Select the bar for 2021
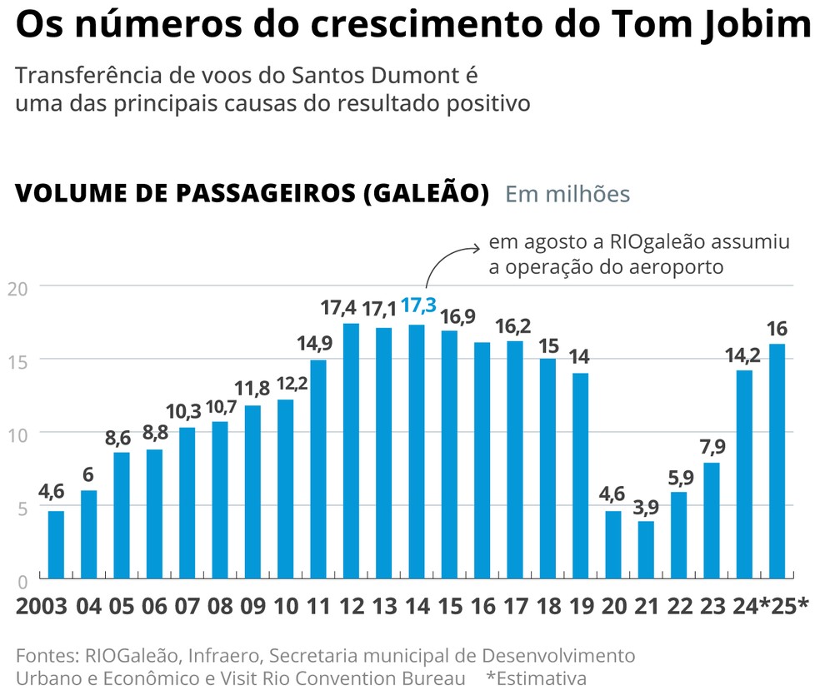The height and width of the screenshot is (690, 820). [x=646, y=549]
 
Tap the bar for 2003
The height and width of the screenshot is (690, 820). [x=56, y=544]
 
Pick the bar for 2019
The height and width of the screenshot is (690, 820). [x=581, y=475]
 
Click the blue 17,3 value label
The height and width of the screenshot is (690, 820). [x=417, y=307]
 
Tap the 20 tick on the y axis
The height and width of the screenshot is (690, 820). [x=17, y=288]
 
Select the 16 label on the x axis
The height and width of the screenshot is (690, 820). [x=482, y=605]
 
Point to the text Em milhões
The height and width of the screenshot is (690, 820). [x=567, y=194]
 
